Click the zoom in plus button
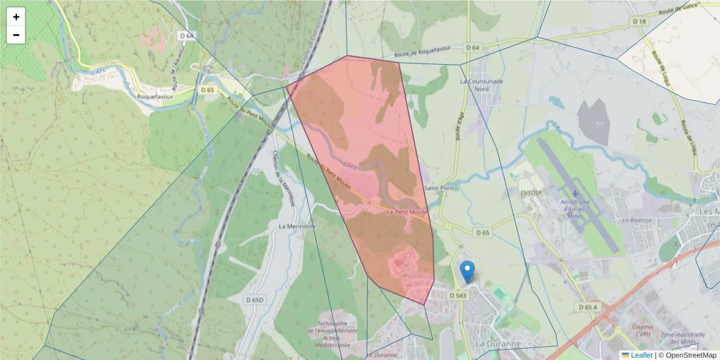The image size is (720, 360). point(16,17)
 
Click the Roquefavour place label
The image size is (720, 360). point(155,96)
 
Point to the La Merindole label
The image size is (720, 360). point(298,226)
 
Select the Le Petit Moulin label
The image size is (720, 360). point(407,212)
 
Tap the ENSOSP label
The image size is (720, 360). point(531,193)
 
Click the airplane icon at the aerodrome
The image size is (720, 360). point(575,193)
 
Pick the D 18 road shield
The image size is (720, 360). point(640,22)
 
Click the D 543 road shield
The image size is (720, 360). point(457,295)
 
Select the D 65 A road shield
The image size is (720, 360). point(589,307)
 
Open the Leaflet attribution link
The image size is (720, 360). point(641,355)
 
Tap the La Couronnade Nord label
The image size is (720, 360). point(481,85)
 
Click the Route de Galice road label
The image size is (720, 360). point(675,11)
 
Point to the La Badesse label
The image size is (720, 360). point(637,220)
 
